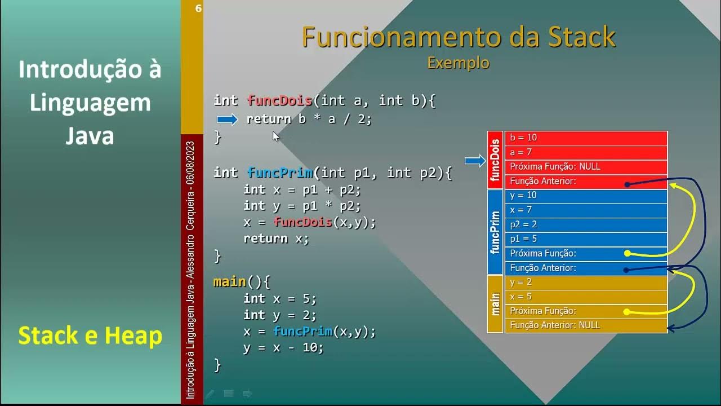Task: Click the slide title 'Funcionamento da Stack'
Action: click(459, 37)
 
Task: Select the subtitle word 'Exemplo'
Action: click(458, 63)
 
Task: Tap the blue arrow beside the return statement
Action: click(228, 119)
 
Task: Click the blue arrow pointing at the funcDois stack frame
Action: click(475, 161)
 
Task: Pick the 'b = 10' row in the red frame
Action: click(586, 138)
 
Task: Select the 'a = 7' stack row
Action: click(586, 152)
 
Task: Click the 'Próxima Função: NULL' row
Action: click(586, 167)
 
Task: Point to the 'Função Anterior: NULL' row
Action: click(586, 325)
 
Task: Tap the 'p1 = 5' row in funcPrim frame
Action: click(586, 239)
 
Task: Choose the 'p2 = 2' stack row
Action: click(586, 224)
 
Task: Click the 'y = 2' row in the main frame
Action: click(586, 283)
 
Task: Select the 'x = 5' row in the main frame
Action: click(586, 297)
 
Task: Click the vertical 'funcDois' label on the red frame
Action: click(495, 160)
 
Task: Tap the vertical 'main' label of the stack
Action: click(495, 304)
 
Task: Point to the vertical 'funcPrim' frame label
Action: click(495, 232)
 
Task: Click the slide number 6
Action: click(198, 8)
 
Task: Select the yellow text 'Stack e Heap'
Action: click(90, 336)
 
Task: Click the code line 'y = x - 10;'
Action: click(283, 348)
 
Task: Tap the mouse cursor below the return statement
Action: click(275, 136)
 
